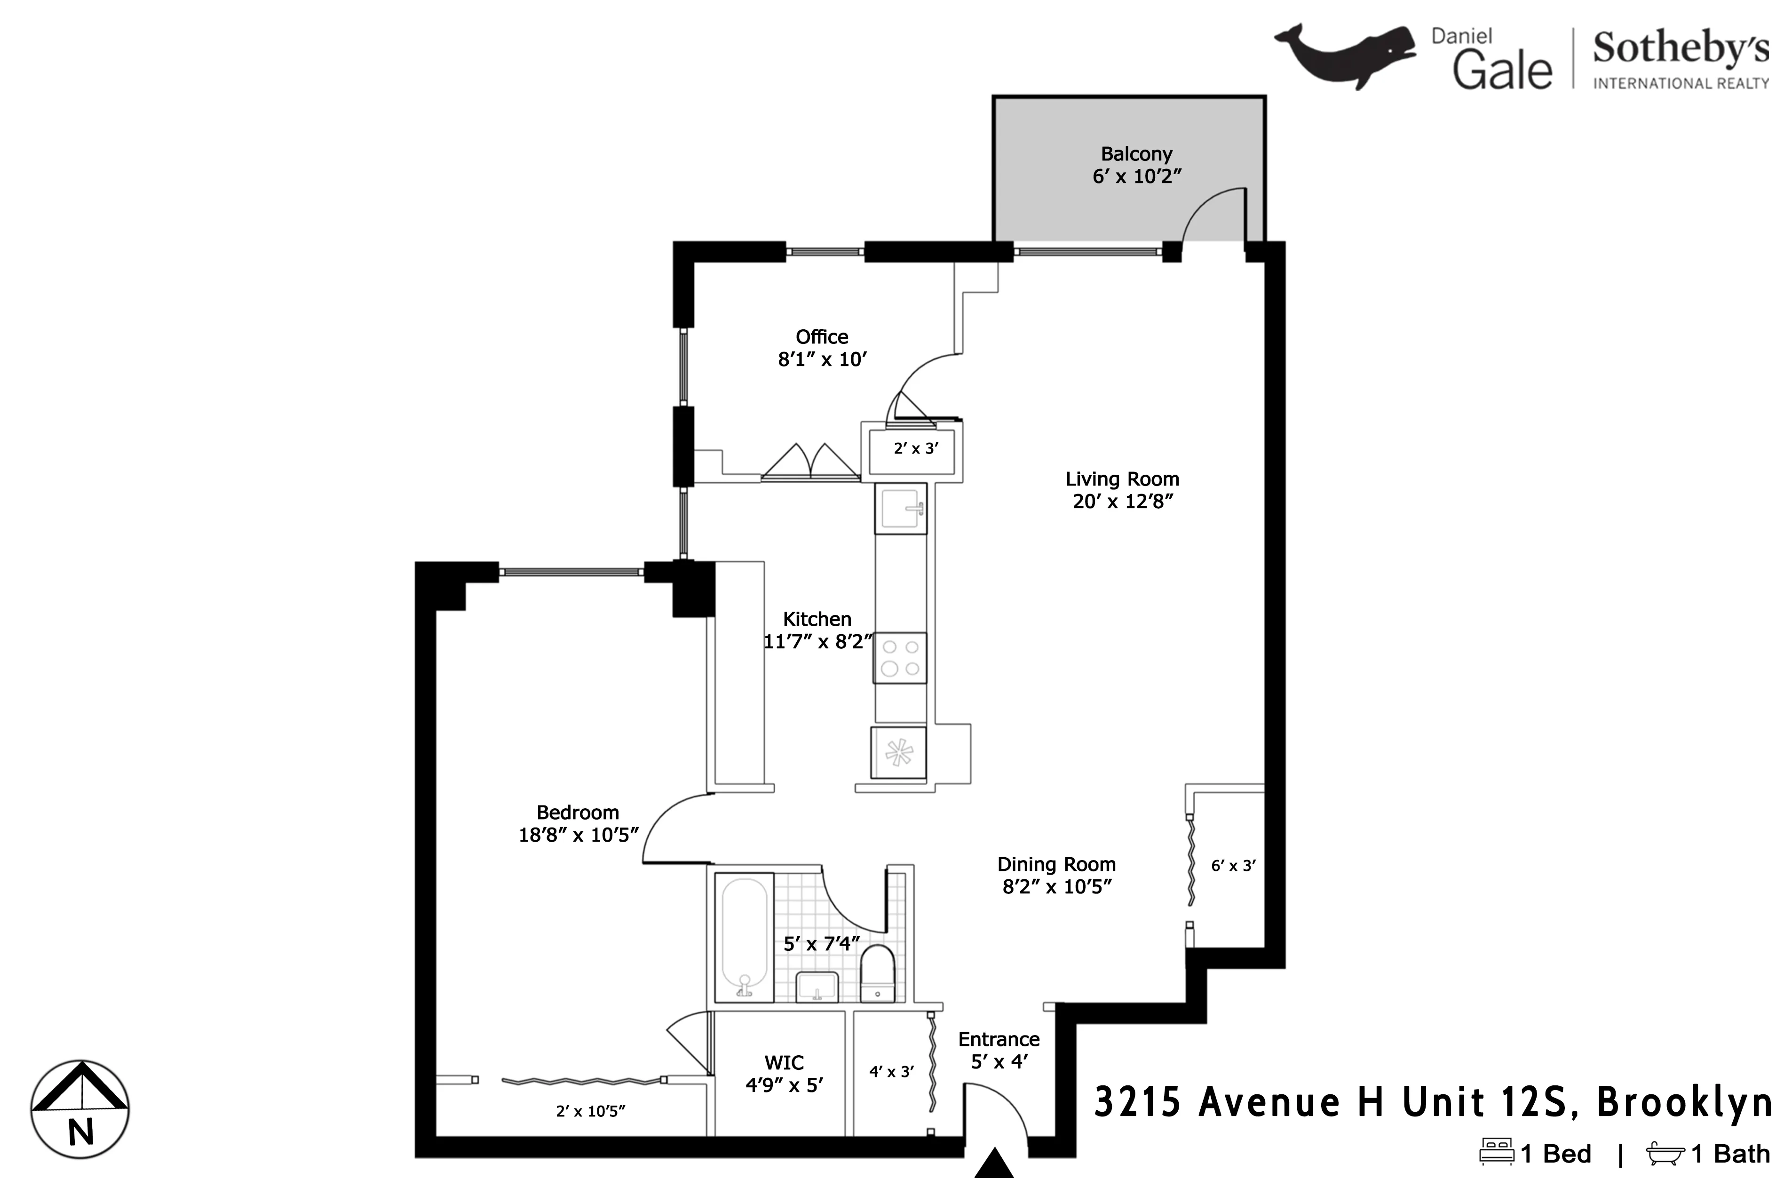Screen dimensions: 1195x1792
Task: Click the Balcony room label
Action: click(1136, 154)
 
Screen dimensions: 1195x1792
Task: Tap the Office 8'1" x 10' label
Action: click(822, 348)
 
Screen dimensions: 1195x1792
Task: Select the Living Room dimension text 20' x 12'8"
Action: click(1122, 502)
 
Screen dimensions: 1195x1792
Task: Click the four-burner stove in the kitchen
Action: click(900, 658)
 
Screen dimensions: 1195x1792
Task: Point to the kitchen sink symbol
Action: click(901, 508)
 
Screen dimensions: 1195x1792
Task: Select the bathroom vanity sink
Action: click(817, 987)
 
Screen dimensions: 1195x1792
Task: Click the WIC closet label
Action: click(784, 1062)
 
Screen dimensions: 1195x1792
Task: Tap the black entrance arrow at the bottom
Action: click(994, 1164)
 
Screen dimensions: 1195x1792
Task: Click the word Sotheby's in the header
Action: click(1681, 49)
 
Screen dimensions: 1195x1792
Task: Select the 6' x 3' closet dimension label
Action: click(1233, 866)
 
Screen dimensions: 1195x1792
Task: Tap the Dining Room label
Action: click(1056, 864)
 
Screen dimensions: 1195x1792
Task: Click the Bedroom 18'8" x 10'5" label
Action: click(578, 824)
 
